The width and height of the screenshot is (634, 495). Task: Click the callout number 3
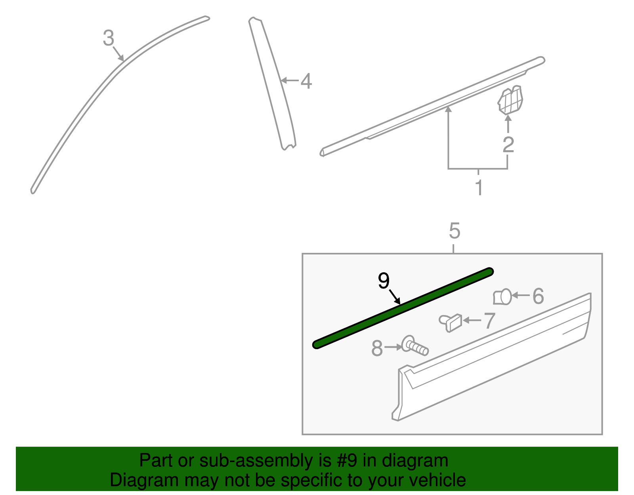coord(108,38)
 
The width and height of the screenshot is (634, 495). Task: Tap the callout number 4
coord(306,81)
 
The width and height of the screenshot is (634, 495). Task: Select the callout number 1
coord(479,187)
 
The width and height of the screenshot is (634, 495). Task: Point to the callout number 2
coord(508,145)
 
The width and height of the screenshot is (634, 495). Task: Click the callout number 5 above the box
coord(454,231)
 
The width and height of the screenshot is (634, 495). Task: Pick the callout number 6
coord(538,296)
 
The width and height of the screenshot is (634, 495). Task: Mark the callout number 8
coord(377,349)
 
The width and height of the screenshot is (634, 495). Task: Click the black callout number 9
coord(384,281)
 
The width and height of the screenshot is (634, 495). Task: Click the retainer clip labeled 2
coord(510,100)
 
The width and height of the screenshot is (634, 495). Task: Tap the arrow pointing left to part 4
coord(289,80)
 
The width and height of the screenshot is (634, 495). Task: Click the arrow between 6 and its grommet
coord(521,295)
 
